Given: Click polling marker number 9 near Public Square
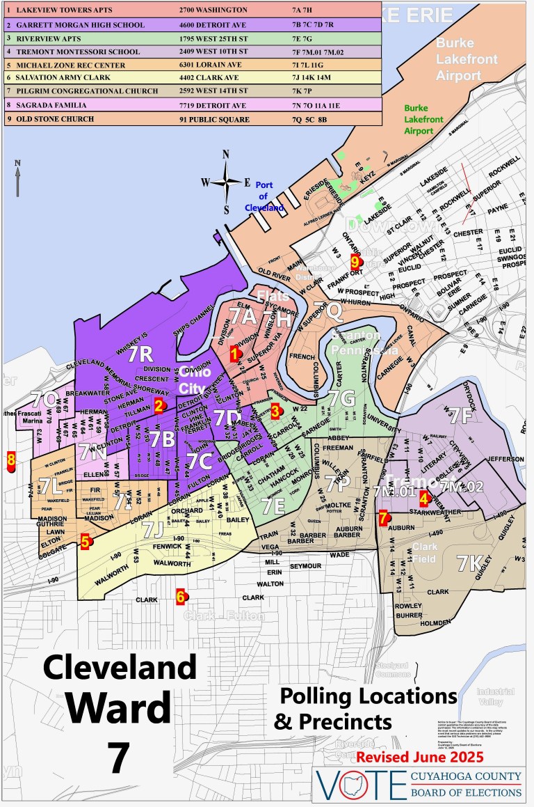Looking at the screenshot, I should pyautogui.click(x=355, y=262).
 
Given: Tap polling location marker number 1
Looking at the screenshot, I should pyautogui.click(x=235, y=353).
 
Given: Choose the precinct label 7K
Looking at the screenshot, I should pyautogui.click(x=470, y=562).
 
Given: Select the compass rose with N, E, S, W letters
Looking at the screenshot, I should pyautogui.click(x=226, y=182).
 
